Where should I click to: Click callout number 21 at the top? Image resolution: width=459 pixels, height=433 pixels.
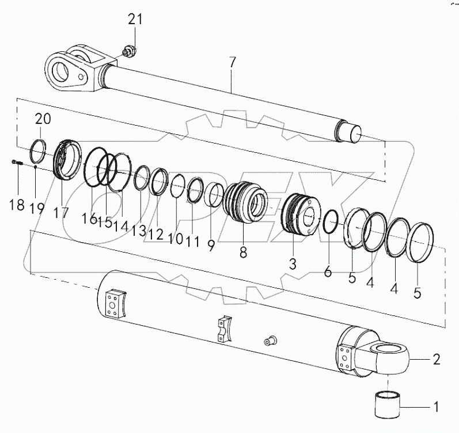(135, 20)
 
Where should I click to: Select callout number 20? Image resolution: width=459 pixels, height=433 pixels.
(43, 119)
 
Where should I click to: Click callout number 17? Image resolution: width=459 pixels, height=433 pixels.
(62, 213)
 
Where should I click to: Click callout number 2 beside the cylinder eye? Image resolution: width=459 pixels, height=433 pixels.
(436, 360)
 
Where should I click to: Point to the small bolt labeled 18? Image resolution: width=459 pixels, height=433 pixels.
(16, 164)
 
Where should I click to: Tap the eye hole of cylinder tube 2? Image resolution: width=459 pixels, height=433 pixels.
(389, 349)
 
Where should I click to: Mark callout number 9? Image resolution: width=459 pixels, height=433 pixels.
(211, 244)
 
